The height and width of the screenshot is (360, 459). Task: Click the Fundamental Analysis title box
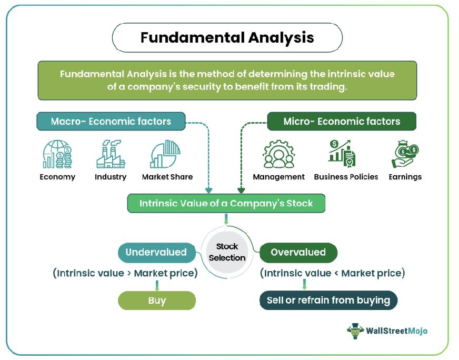(227, 38)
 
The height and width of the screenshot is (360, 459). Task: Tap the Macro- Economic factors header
(111, 122)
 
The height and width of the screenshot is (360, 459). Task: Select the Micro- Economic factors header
(342, 122)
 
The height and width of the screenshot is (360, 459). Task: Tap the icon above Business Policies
(345, 153)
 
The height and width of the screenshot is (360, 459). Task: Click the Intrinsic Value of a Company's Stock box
(226, 203)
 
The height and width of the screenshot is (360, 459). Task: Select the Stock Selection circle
(227, 252)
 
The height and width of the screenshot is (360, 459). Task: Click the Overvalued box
(298, 253)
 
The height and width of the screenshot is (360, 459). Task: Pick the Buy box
(157, 301)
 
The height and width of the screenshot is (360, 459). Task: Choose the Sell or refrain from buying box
(328, 301)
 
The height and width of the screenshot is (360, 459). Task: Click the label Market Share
(167, 177)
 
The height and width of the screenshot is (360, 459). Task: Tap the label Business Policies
(346, 177)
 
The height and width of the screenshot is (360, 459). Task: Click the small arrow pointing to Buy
(157, 286)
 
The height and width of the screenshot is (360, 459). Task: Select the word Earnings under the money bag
(405, 177)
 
